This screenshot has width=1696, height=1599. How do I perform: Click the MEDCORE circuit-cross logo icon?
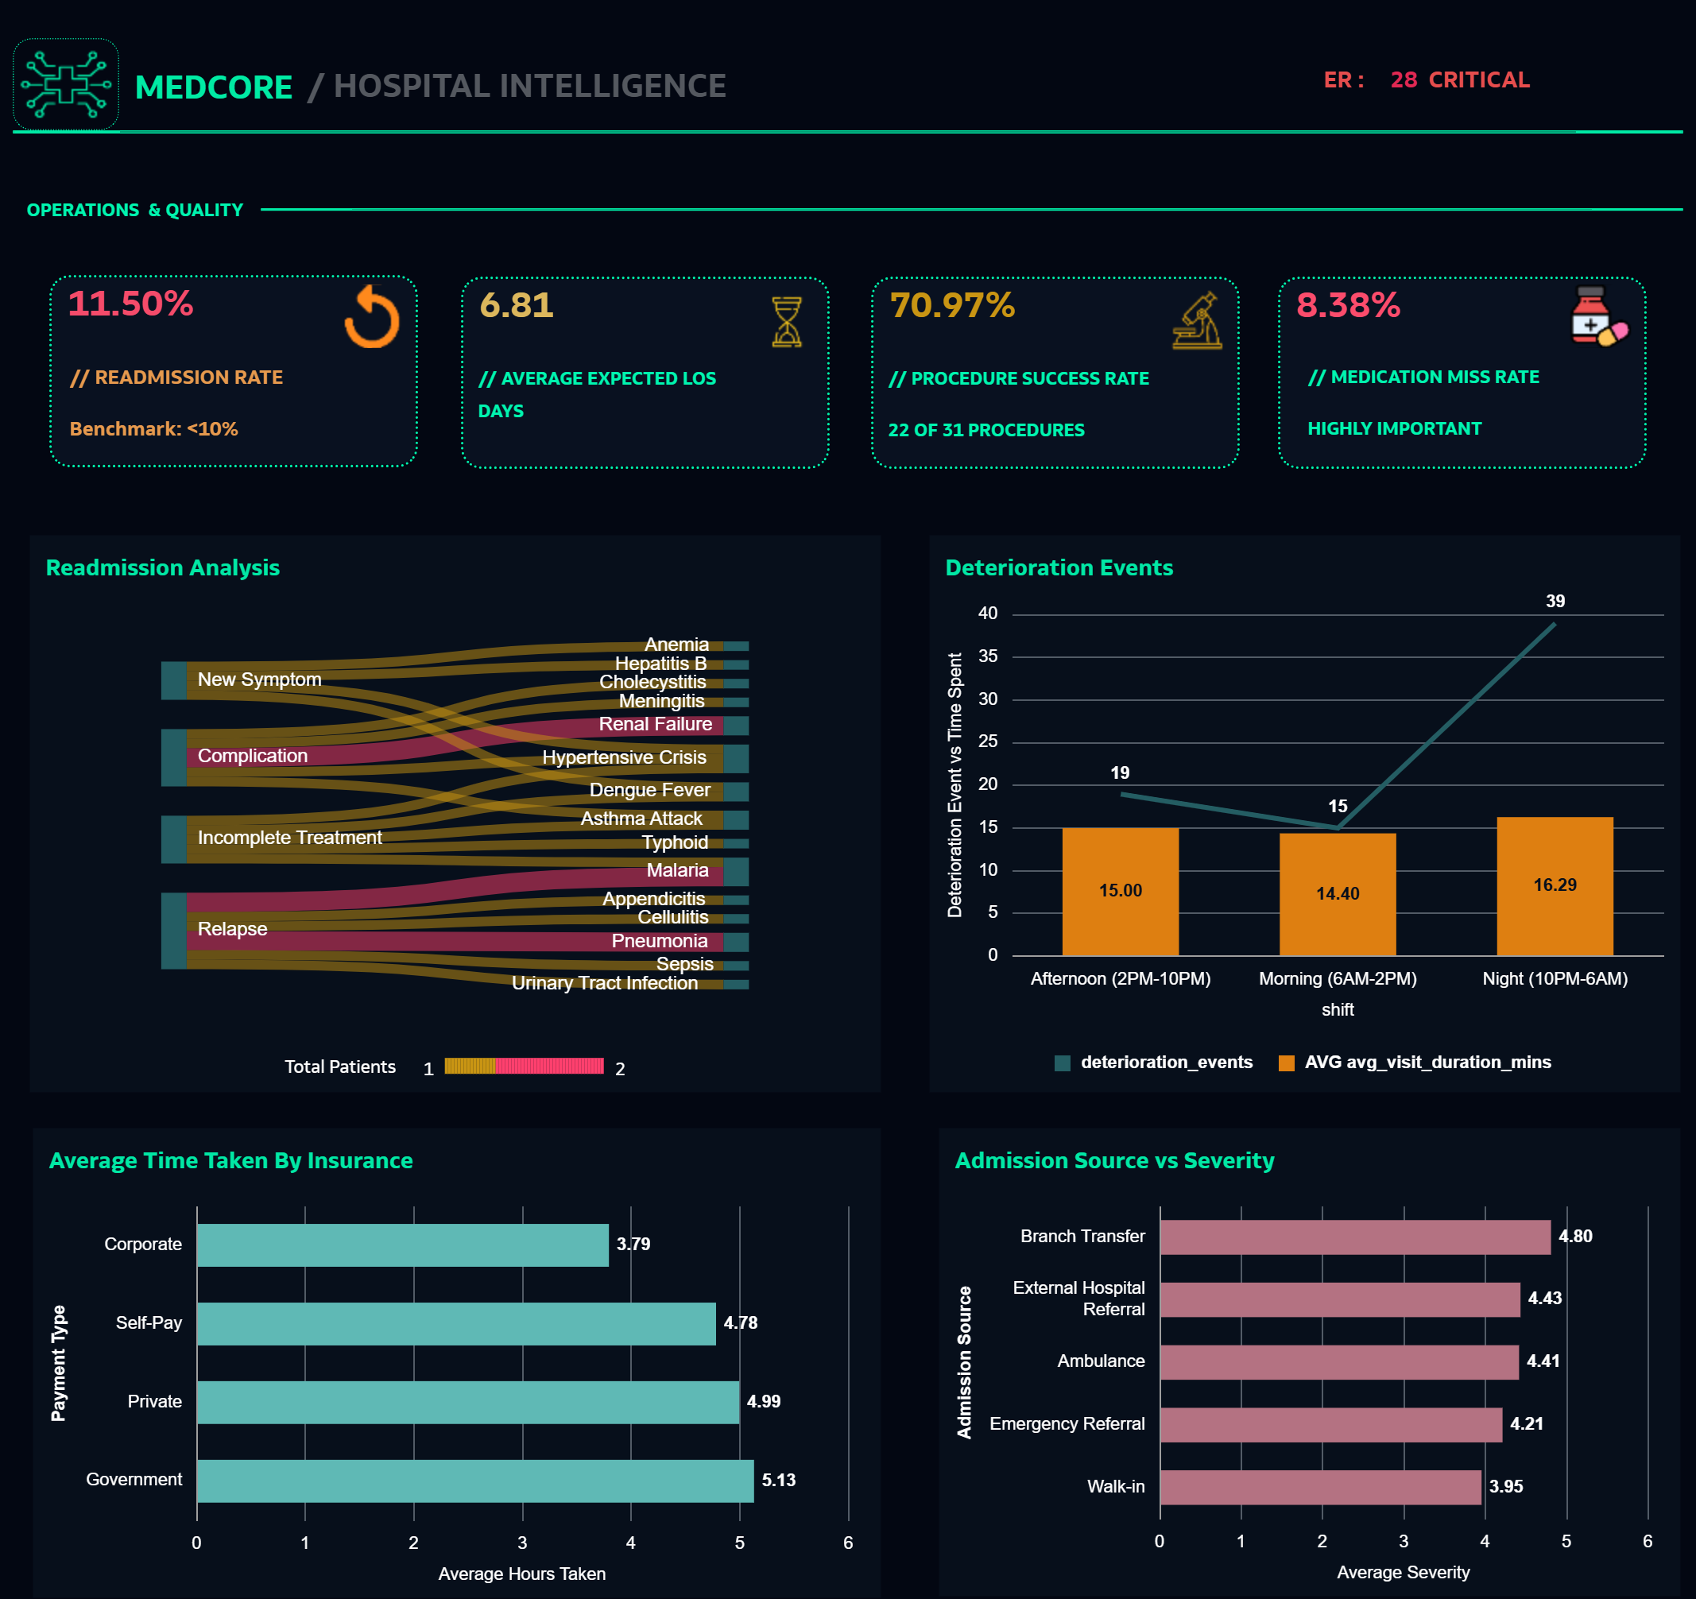(66, 83)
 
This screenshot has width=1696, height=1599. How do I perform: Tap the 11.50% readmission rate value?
(130, 304)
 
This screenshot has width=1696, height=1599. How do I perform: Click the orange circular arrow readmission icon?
(372, 317)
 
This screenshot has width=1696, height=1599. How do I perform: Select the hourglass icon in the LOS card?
(786, 322)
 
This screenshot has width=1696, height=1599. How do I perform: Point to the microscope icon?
(1197, 322)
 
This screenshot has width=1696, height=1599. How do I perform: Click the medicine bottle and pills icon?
(1598, 316)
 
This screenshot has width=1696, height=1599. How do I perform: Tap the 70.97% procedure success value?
(952, 305)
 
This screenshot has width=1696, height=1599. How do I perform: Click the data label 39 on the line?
(1555, 602)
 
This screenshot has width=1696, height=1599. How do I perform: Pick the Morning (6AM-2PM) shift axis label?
(1337, 978)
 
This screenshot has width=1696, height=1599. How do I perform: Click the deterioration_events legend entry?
(1154, 1063)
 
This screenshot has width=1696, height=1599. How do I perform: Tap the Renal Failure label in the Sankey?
(655, 725)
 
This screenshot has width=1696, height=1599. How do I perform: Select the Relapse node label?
(232, 929)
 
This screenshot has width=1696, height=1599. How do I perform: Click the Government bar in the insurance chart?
(474, 1481)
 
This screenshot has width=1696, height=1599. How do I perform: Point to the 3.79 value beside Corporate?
(633, 1244)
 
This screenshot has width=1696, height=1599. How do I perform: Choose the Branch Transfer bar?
(1355, 1237)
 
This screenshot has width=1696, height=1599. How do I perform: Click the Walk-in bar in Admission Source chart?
(1320, 1487)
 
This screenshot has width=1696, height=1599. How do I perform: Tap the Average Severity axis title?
(1403, 1572)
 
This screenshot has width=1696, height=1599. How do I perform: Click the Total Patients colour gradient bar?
(524, 1067)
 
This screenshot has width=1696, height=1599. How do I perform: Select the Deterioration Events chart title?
(1059, 568)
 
